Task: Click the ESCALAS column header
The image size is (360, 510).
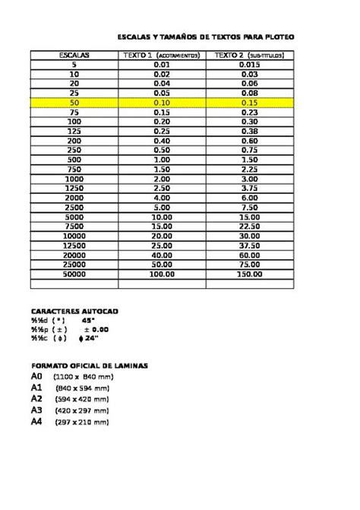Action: (74, 55)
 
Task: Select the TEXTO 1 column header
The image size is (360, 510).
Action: (162, 55)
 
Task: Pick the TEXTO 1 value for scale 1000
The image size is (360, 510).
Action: (162, 178)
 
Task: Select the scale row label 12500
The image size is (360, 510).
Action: (74, 245)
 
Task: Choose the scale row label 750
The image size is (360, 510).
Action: (74, 169)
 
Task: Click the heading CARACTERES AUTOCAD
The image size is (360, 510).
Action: (74, 312)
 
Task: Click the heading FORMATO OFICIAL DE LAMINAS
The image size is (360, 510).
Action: (90, 366)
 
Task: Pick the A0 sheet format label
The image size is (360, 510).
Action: (36, 376)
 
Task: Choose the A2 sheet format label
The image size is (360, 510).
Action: (36, 398)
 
